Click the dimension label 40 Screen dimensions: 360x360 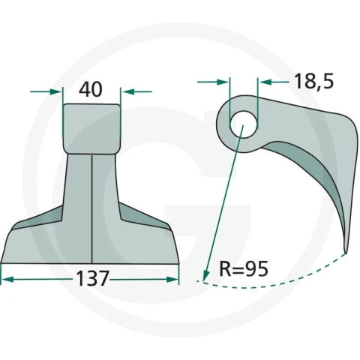[91, 89]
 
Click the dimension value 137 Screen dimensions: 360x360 [92, 278]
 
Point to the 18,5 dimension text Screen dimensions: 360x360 [314, 81]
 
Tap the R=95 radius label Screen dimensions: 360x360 [244, 269]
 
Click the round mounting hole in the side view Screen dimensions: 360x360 [244, 124]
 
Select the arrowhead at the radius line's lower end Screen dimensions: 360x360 [205, 276]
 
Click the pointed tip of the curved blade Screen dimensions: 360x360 [346, 253]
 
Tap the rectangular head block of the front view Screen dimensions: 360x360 [91, 129]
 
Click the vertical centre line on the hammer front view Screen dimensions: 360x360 [92, 208]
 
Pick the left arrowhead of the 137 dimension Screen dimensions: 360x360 [7, 279]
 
